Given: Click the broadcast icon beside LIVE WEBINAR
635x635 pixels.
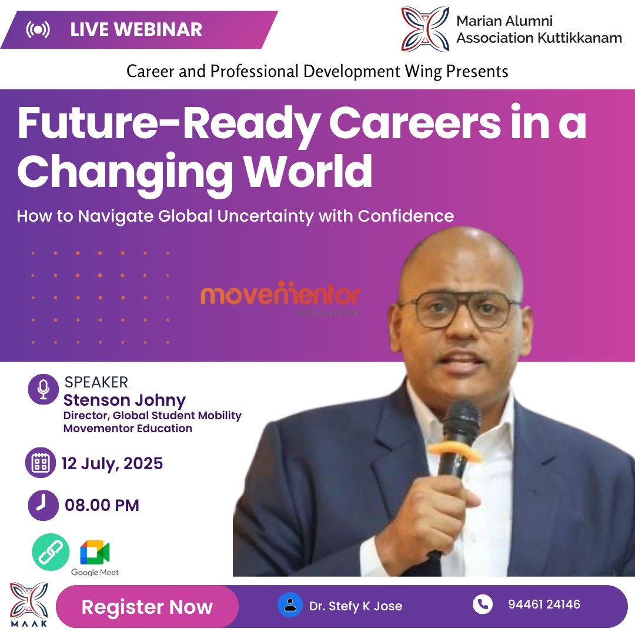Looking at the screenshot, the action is tap(38, 29).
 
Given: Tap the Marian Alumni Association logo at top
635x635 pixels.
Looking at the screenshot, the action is tap(425, 29).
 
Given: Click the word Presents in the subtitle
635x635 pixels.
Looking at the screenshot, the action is tap(477, 71).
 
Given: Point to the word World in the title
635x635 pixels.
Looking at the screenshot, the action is tap(309, 172).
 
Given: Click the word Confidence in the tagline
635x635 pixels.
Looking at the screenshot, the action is tap(406, 216).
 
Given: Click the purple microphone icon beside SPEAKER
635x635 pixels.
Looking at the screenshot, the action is tap(44, 389).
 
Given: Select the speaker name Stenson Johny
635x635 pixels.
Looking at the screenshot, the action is tap(124, 400).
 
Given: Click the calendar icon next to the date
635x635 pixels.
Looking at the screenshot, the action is tap(41, 463).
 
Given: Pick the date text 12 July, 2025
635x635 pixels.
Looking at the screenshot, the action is tap(112, 463).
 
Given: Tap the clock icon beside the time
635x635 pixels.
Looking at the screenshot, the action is tap(44, 506).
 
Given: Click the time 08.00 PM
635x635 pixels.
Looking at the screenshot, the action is tap(102, 506).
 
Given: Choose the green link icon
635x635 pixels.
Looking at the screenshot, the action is tap(51, 552).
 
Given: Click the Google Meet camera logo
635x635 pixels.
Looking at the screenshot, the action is tap(95, 552).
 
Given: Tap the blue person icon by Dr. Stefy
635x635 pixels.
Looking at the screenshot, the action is tap(290, 605).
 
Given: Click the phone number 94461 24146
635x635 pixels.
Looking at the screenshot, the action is tap(544, 604).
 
